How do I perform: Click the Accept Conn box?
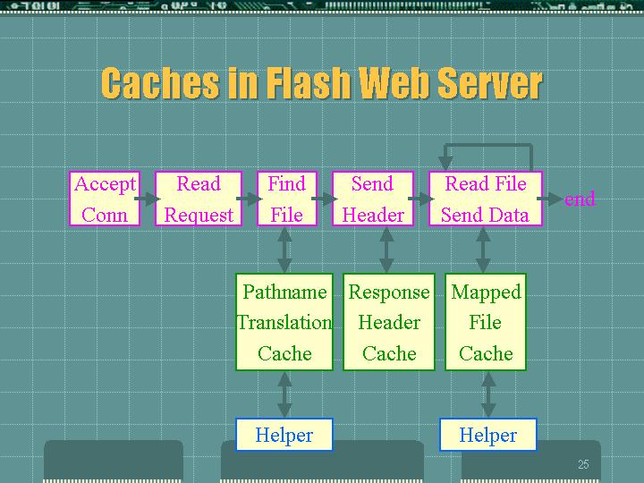point(105,199)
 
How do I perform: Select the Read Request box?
point(199,199)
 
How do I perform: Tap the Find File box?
point(287,199)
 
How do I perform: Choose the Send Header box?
point(372,199)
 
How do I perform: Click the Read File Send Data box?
point(486,199)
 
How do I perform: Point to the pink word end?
point(580,199)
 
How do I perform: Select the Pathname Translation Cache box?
point(284,322)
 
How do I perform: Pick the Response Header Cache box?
point(389,322)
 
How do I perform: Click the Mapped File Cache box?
point(486,322)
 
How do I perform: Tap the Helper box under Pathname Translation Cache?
point(284,435)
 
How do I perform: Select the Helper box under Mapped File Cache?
point(488,435)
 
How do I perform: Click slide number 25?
point(583,464)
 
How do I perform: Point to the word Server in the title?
point(490,83)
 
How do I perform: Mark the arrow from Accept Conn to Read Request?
point(148,199)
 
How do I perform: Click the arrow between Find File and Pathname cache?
point(284,250)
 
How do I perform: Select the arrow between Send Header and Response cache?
point(386,250)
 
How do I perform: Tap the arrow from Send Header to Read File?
point(421,199)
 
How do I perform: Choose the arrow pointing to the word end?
point(550,199)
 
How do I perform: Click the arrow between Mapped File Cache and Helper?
point(488,394)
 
